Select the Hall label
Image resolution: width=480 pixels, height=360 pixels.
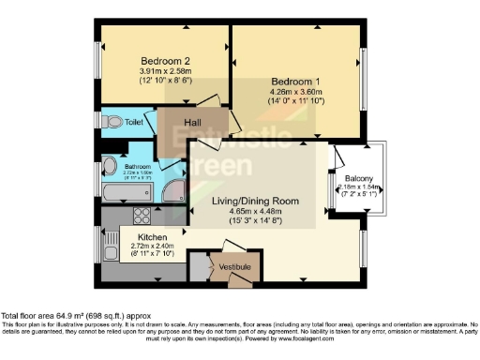(x=193, y=123)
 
